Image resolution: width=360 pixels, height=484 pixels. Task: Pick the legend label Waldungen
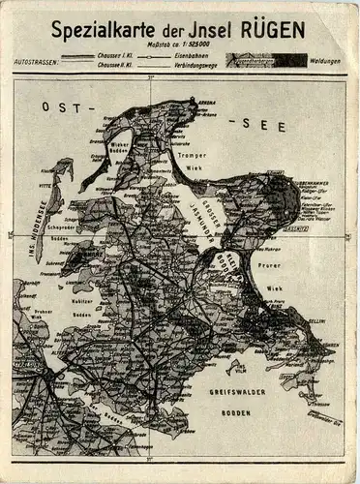point(327,61)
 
